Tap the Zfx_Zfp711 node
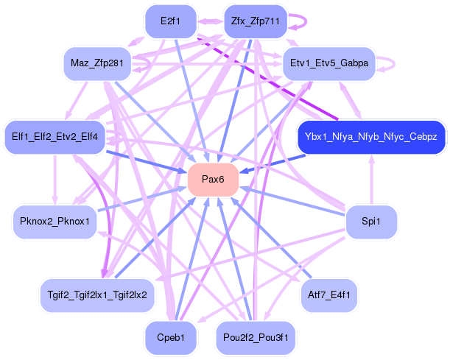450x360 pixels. coord(255,21)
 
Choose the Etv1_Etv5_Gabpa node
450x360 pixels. coord(329,63)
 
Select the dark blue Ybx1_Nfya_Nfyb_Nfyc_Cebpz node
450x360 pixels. coord(370,138)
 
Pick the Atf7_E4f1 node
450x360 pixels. coord(329,294)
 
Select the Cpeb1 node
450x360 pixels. coord(170,336)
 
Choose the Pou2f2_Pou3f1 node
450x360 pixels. coord(256,336)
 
